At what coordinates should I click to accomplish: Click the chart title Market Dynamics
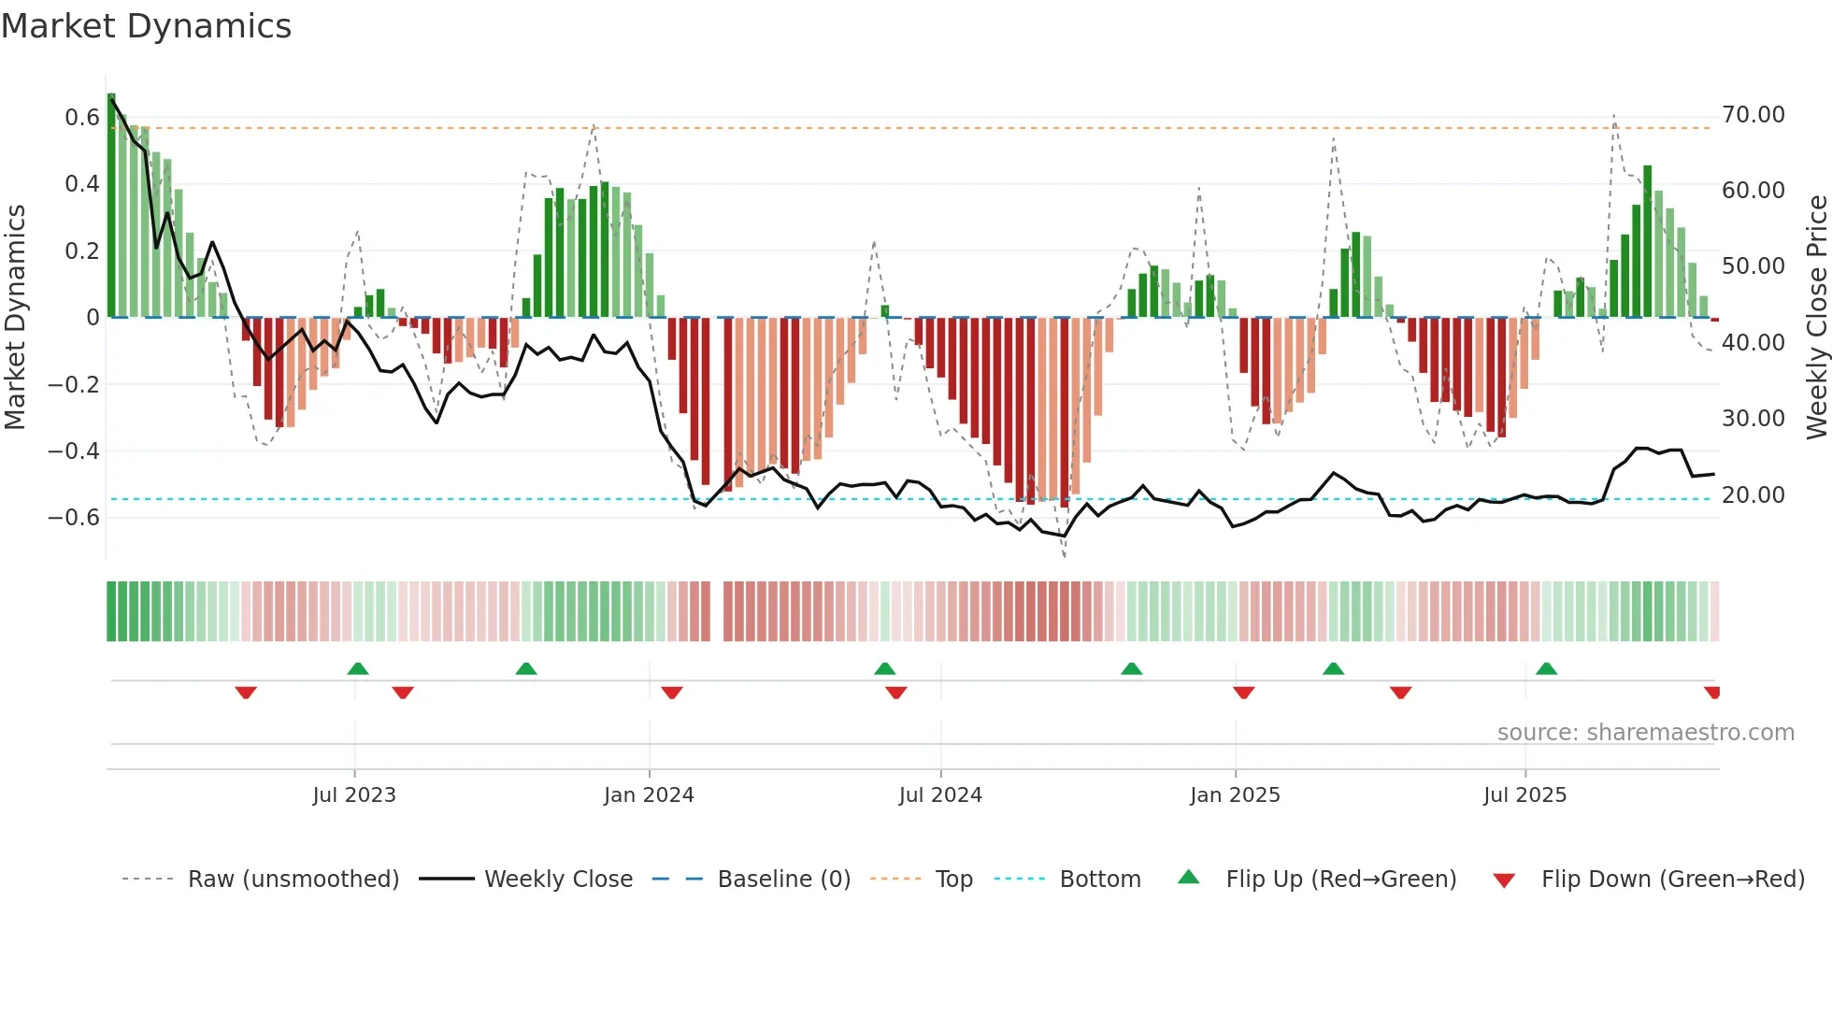146,26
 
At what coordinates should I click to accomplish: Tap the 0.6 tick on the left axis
81,118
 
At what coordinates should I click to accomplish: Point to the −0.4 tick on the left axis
73,451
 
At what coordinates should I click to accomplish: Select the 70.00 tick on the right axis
1753,115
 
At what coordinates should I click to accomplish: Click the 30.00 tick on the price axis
1753,419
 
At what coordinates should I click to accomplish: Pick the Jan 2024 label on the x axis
649,795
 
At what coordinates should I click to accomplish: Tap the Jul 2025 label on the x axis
1524,795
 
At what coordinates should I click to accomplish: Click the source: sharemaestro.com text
1645,733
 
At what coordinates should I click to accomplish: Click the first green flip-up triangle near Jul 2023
358,669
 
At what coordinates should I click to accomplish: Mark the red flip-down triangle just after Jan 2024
672,692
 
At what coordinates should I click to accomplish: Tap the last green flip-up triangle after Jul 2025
1546,669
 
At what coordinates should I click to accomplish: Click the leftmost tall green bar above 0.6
111,206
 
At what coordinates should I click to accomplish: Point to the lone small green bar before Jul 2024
885,311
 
